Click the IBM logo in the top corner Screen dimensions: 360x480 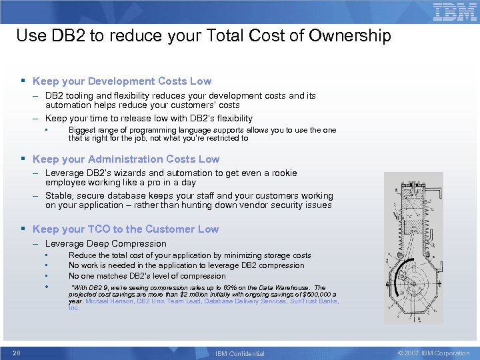coord(455,12)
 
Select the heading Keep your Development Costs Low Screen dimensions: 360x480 coord(121,81)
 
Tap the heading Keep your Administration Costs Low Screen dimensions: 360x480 coord(125,159)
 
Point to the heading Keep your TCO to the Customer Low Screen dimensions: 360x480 coord(125,229)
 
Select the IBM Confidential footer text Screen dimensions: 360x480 coord(240,353)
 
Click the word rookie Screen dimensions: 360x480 coord(283,173)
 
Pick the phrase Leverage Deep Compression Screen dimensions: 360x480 coord(105,244)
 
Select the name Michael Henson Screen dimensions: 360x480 coord(110,301)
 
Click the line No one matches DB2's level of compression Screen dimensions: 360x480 coord(147,276)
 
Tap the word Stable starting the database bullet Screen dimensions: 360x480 coord(59,196)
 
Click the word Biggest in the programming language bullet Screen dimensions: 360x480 coord(83,131)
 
